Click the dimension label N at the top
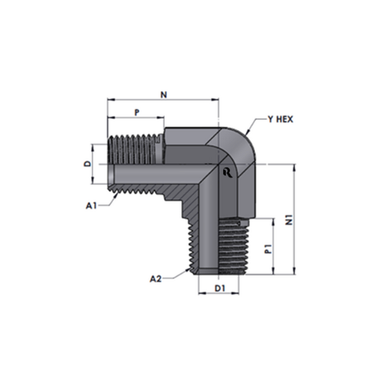coord(164,95)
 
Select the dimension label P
coord(137,112)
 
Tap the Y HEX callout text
coord(280,120)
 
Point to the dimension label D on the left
coord(88,164)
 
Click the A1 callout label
coord(91,205)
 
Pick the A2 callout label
coord(156,279)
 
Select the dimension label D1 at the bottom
coord(220,288)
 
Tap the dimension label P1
coord(269,249)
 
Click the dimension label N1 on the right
coord(289,219)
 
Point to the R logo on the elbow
coord(228,172)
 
